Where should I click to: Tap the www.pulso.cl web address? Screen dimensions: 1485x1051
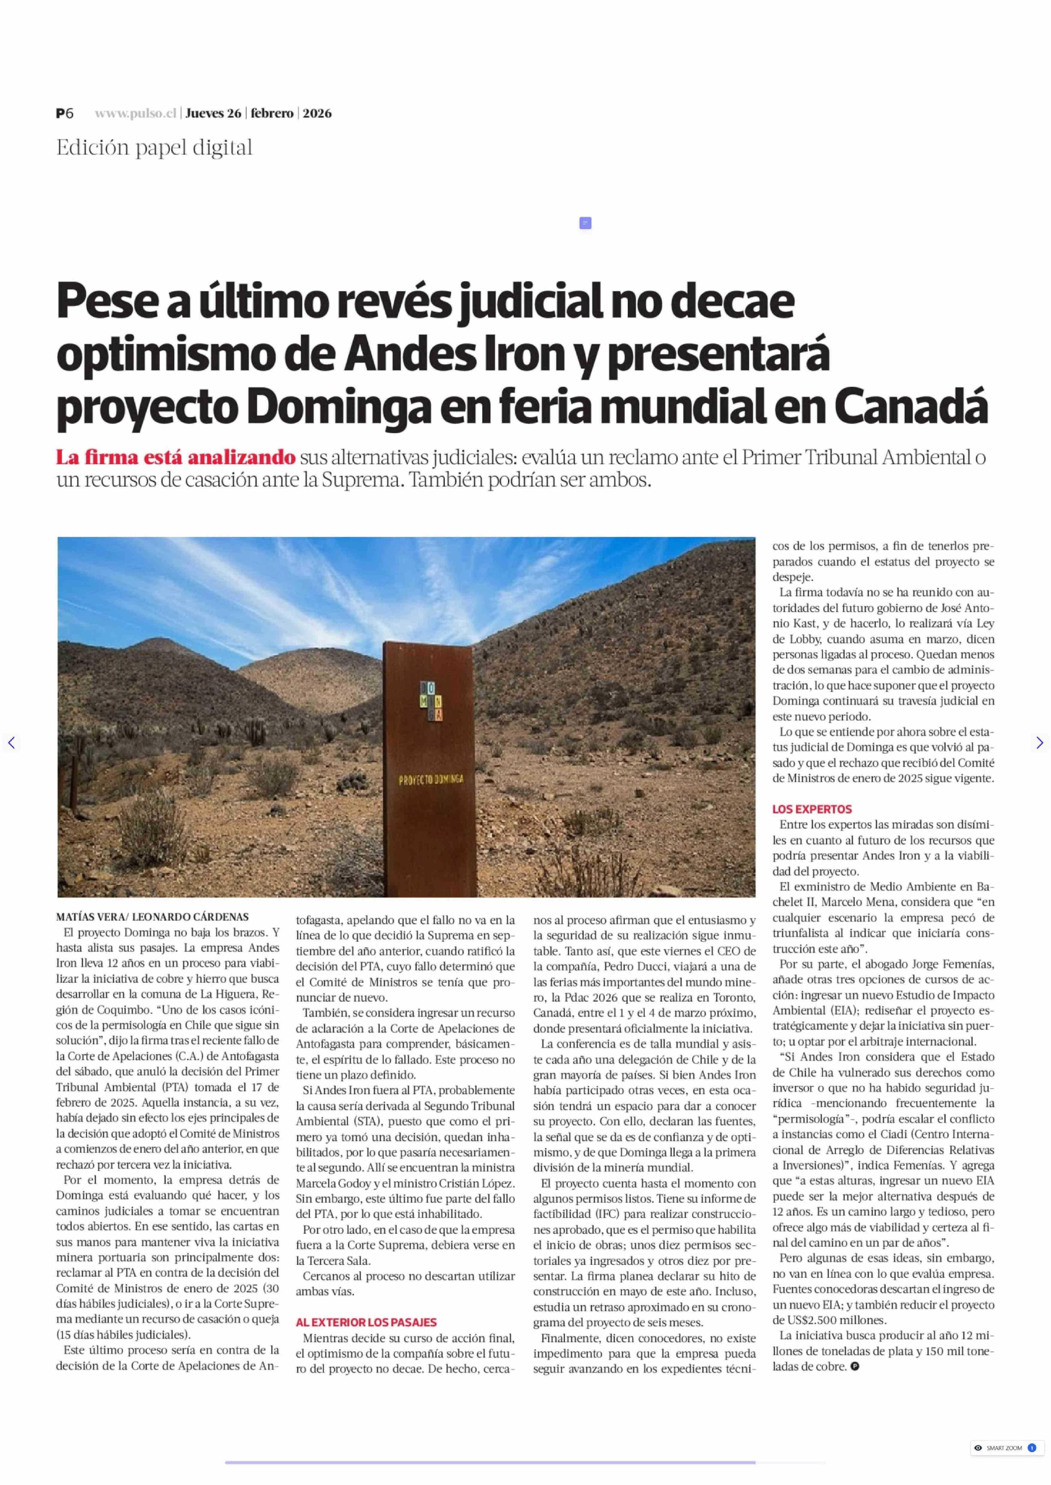pos(135,113)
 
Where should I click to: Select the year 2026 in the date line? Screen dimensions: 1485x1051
pos(317,113)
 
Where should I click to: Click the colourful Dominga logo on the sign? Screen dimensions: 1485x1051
pos(430,700)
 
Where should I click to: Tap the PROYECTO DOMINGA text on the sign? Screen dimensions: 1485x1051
pos(431,780)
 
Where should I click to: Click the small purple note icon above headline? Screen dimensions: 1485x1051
pos(585,223)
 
